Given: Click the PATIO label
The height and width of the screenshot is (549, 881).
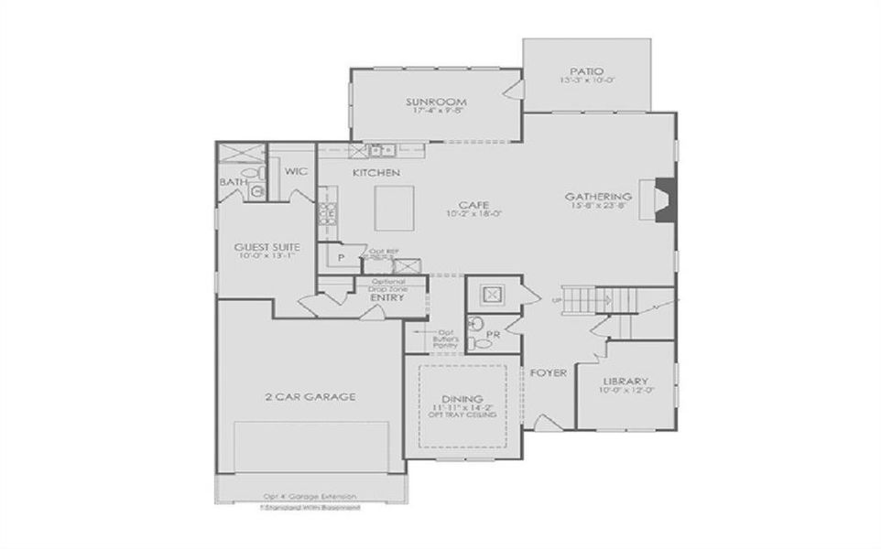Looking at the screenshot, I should (587, 70).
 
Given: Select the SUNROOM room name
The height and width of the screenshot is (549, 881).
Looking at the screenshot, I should (437, 101).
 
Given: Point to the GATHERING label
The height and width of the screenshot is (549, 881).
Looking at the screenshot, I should (598, 196).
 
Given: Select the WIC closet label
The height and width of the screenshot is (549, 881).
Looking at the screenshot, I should (295, 171).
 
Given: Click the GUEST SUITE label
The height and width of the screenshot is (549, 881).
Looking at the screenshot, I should (263, 247).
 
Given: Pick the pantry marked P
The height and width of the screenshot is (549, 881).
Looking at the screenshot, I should (340, 259).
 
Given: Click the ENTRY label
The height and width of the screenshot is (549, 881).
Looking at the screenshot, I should (381, 297).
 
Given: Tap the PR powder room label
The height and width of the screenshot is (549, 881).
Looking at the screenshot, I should (492, 334).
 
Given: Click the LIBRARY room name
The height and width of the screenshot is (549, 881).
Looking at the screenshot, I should (625, 381).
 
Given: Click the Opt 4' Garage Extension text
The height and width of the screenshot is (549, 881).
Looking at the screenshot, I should (309, 496).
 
